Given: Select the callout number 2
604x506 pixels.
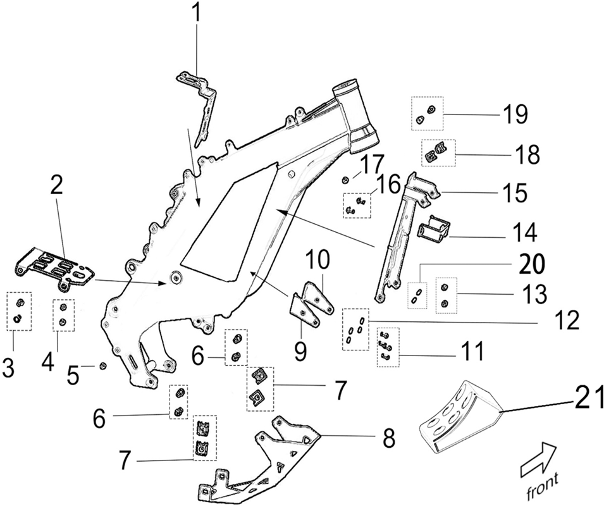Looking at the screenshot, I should [57, 187].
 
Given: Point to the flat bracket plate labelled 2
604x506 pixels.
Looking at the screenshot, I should [56, 268].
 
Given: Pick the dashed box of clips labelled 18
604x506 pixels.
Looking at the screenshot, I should [438, 152].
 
